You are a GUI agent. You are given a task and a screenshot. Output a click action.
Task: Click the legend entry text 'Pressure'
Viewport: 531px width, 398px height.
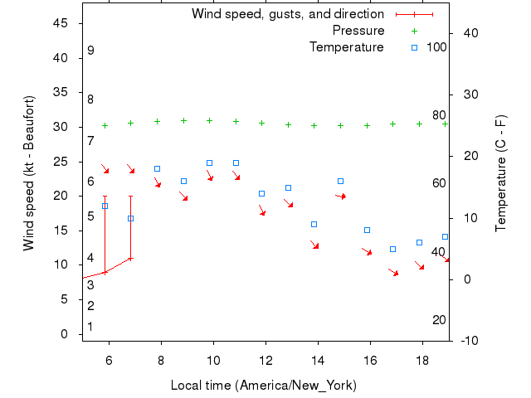coord(358,31)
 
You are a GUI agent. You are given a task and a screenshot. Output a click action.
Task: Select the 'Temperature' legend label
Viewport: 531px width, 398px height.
coord(347,47)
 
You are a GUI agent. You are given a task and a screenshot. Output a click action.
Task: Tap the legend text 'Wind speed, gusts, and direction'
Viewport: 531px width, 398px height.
coord(288,14)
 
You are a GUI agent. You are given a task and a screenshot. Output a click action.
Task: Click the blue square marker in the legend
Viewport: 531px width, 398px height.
coord(415,47)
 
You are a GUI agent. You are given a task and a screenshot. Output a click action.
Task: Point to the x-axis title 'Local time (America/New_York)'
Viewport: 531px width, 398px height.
coord(263,386)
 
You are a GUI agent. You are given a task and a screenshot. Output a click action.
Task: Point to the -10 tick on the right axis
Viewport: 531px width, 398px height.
coord(468,341)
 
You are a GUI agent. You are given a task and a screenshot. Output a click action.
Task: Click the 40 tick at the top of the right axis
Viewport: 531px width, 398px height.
coord(468,33)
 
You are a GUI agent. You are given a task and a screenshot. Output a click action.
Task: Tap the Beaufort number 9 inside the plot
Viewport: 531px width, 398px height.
coord(90,51)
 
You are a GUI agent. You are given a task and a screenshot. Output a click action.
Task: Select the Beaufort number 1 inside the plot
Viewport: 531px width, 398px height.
coord(90,327)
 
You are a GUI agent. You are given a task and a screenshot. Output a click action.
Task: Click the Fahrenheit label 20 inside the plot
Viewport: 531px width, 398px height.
coord(439,320)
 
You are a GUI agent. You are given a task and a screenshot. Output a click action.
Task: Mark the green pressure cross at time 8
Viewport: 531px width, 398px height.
coord(157,121)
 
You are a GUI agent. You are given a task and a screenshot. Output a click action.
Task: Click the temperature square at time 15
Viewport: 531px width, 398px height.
coord(340,181)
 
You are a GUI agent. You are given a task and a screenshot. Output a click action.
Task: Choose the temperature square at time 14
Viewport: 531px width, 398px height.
coord(314,224)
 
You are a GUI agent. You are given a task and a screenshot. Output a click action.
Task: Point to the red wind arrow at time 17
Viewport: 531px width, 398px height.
coord(393,272)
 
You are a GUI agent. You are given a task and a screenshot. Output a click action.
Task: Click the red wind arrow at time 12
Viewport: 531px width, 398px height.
coord(261,211)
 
